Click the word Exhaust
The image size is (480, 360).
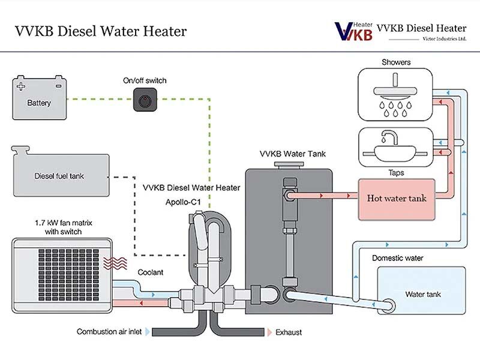[290, 332]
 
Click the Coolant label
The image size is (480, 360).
[151, 272]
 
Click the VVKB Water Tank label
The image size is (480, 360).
[292, 154]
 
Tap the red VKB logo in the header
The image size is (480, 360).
[354, 30]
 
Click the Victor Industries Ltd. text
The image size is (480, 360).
[444, 38]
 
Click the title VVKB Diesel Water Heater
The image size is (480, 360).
[99, 30]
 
